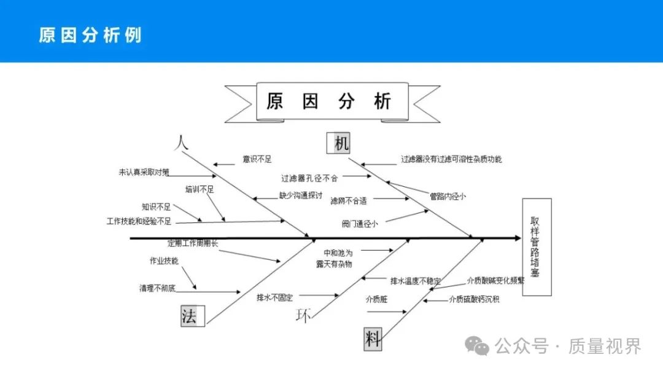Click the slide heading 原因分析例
(x=90, y=35)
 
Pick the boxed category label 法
(x=190, y=316)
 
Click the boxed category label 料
(x=373, y=339)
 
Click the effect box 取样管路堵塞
(x=536, y=247)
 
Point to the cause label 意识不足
(x=257, y=159)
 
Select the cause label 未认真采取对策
(x=144, y=173)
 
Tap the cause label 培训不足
(x=200, y=189)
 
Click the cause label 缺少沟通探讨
(x=301, y=195)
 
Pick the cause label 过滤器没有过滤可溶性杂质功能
(x=451, y=159)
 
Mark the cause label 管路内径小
(x=448, y=197)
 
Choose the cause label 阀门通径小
(x=360, y=224)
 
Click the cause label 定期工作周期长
(x=193, y=243)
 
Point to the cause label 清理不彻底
(x=157, y=288)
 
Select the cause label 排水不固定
(x=274, y=297)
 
